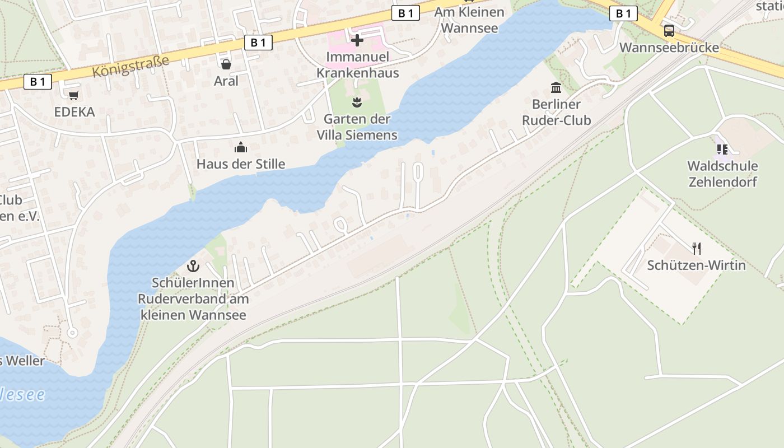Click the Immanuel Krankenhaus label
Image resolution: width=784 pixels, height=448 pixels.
tap(357, 65)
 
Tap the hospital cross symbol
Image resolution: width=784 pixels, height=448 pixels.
tap(357, 40)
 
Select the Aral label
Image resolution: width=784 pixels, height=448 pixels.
tap(226, 81)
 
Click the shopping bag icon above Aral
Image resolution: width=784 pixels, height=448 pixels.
tap(226, 64)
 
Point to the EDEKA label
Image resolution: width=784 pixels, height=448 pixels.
tap(74, 112)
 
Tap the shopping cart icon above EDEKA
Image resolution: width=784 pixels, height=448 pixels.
tap(74, 95)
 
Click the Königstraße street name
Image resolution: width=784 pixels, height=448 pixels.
tap(130, 66)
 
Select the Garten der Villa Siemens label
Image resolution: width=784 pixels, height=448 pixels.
tap(357, 127)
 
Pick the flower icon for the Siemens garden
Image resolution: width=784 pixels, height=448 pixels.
tap(357, 102)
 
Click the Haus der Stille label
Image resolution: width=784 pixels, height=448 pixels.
tap(241, 164)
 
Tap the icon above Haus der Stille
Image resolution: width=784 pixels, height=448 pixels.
tap(241, 147)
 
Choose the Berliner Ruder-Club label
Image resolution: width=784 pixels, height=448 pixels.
tap(556, 112)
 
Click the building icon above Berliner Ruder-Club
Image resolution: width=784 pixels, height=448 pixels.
tap(556, 87)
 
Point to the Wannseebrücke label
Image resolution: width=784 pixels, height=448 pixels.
tap(669, 47)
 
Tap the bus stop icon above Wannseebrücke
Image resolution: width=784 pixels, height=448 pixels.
tap(669, 30)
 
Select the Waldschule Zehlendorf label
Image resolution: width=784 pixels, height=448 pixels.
tap(722, 174)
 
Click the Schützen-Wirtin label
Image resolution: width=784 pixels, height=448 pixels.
tap(697, 265)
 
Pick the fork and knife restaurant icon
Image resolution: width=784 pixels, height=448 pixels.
tap(697, 248)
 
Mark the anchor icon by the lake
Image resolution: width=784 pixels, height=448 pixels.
tap(193, 265)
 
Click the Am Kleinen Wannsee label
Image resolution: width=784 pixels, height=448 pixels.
tap(469, 20)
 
